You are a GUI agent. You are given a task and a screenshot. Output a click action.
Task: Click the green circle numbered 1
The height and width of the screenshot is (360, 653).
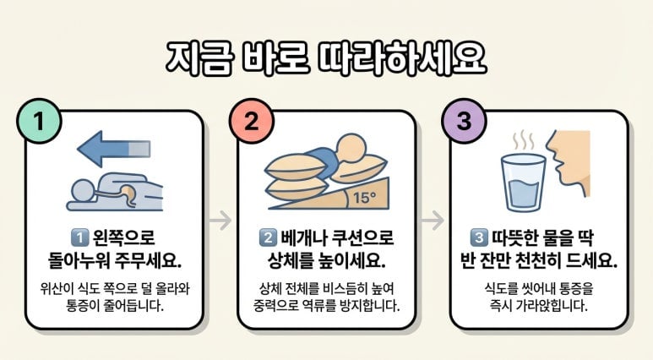[x=39, y=121]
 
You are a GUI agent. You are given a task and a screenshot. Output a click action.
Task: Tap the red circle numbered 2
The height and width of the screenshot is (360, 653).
[x=252, y=121]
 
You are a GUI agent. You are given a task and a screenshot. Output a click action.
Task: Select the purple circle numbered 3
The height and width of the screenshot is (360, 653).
[x=464, y=121]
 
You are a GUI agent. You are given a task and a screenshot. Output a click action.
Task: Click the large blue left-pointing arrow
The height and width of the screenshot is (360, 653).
[x=114, y=149]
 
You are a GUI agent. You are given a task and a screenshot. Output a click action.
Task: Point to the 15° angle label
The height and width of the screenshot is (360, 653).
[x=364, y=198]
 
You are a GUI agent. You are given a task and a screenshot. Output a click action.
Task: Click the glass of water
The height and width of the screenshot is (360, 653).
[x=523, y=183]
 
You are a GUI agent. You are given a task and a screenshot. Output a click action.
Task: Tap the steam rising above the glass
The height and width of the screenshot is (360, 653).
[x=523, y=142]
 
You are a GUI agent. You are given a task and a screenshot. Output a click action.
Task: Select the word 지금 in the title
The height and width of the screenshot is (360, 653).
[x=199, y=59]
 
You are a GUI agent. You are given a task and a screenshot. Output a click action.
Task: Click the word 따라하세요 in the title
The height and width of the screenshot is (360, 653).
[x=402, y=59]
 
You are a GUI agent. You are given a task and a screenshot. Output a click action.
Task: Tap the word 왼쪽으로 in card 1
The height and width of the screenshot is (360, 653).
[x=123, y=238]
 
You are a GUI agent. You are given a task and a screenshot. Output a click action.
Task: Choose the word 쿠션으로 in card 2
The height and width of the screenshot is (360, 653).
[x=362, y=238]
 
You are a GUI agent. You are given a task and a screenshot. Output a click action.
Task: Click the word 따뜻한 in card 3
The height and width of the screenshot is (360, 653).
[x=514, y=238]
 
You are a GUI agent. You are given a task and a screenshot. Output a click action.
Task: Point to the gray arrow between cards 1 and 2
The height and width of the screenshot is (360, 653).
[x=220, y=220]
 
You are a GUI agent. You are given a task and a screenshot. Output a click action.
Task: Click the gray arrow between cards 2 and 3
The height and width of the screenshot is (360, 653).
[x=433, y=220]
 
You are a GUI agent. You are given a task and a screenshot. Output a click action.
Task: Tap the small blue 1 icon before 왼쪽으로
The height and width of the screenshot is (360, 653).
[x=80, y=238]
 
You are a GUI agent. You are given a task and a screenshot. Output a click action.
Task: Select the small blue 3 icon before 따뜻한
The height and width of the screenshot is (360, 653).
[x=479, y=238]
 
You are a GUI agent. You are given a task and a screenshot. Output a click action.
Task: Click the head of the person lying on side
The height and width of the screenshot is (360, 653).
[x=82, y=190]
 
